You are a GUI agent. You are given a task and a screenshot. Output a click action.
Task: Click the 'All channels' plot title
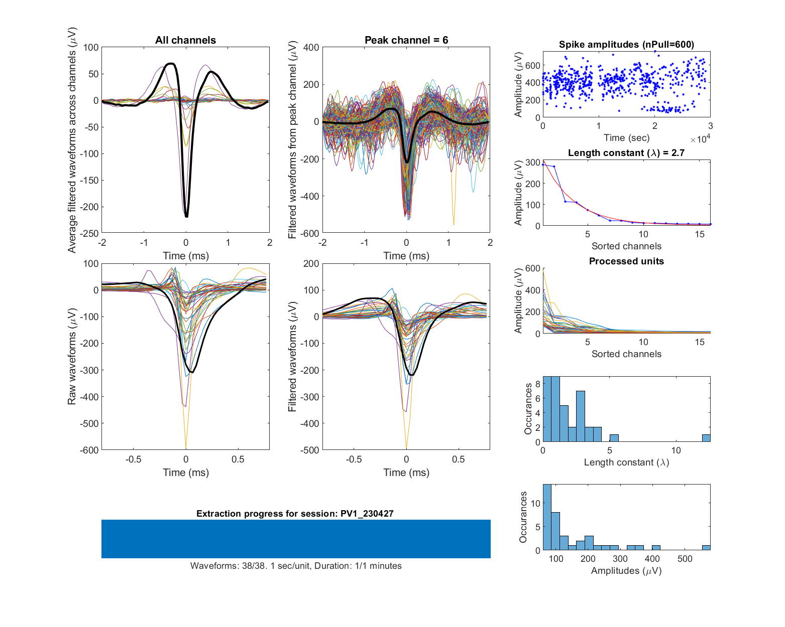click(185, 40)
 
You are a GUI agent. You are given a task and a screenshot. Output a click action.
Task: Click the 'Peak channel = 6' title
click(406, 40)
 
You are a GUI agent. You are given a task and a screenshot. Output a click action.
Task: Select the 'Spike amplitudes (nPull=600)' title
click(626, 45)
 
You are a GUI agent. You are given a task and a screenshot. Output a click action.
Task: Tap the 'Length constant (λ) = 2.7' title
click(626, 153)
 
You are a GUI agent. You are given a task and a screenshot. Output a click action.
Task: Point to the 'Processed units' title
click(626, 261)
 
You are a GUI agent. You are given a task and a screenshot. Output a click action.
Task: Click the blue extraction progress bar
click(296, 539)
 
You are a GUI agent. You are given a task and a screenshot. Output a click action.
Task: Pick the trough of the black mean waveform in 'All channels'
click(186, 216)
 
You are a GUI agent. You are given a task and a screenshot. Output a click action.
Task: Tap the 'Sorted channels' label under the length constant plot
click(626, 246)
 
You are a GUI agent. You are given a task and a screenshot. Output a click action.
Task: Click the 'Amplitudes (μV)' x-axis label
click(626, 571)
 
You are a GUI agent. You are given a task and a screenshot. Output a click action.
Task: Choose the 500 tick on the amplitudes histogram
click(685, 559)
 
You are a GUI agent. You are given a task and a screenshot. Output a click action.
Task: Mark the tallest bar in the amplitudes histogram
click(547, 517)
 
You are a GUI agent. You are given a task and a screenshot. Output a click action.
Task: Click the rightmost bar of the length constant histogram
click(706, 438)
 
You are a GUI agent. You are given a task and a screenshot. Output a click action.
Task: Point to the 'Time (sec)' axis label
click(626, 138)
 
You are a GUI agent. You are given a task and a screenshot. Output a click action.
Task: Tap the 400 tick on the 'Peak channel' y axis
click(311, 47)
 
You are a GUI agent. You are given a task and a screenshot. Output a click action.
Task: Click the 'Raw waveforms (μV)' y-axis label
click(72, 357)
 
